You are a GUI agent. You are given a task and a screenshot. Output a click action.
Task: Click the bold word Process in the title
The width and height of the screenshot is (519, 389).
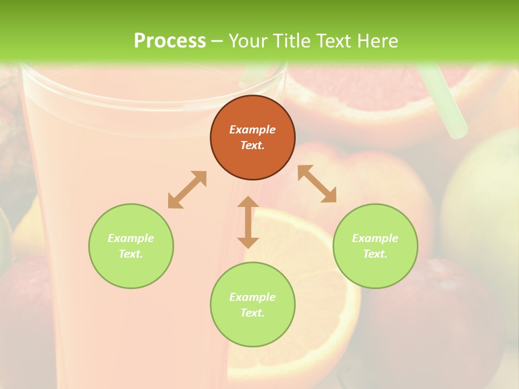tap(170, 41)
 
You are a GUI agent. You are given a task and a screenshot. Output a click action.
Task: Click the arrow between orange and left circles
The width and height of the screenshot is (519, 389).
tap(187, 190)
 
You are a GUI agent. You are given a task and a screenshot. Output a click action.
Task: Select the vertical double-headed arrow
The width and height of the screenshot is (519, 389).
tap(248, 222)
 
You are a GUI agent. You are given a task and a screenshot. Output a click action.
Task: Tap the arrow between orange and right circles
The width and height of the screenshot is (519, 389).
tap(317, 184)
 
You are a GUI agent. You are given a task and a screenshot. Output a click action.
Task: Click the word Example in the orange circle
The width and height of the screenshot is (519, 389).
tap(252, 130)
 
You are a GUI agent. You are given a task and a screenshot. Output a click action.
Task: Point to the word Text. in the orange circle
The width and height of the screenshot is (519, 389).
tap(252, 145)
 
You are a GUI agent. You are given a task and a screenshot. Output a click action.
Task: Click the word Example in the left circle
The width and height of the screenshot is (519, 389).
tap(131, 238)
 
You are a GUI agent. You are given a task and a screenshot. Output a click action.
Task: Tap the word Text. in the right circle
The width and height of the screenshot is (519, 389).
tap(375, 254)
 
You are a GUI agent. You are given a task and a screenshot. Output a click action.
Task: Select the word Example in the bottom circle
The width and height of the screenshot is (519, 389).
tap(252, 297)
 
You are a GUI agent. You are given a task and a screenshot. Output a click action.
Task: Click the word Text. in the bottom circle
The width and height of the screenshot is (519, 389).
tap(252, 313)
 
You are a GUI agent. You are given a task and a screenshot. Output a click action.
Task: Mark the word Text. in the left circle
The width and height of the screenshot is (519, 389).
tap(131, 254)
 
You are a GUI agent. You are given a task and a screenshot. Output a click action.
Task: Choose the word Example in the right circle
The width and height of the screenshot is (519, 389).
tap(375, 238)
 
